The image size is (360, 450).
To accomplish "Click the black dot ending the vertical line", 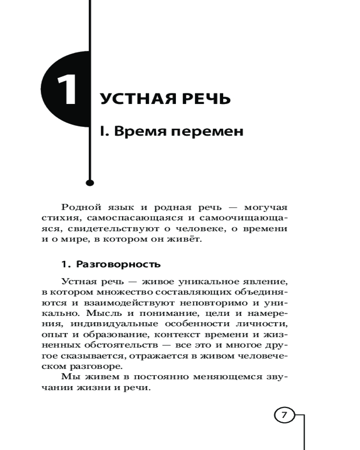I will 90,183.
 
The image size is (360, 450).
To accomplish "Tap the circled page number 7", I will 284,415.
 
